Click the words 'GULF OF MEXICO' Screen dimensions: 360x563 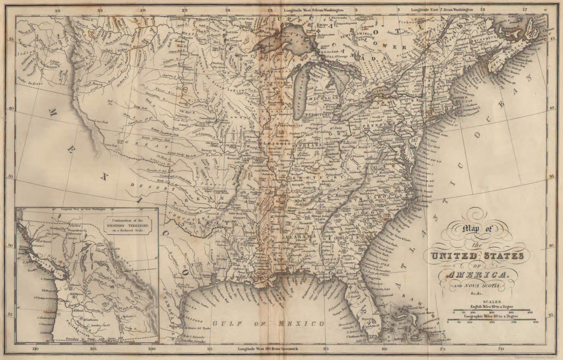pos(269,323)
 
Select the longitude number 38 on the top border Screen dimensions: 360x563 pos(58,11)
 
